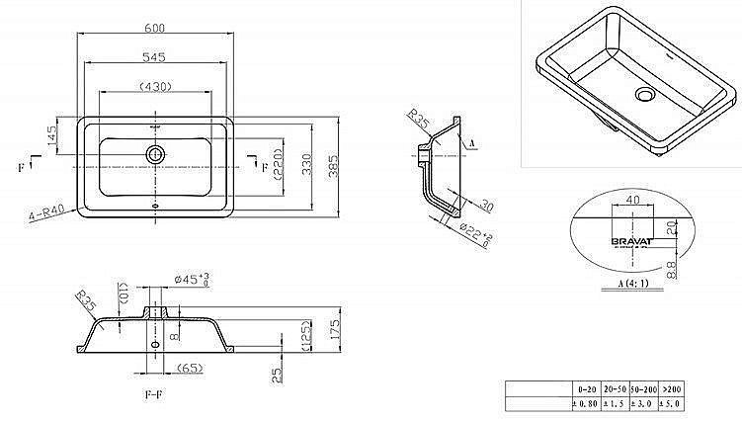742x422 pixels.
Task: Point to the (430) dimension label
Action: coord(156,86)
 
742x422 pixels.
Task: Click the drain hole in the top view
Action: coord(155,154)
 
